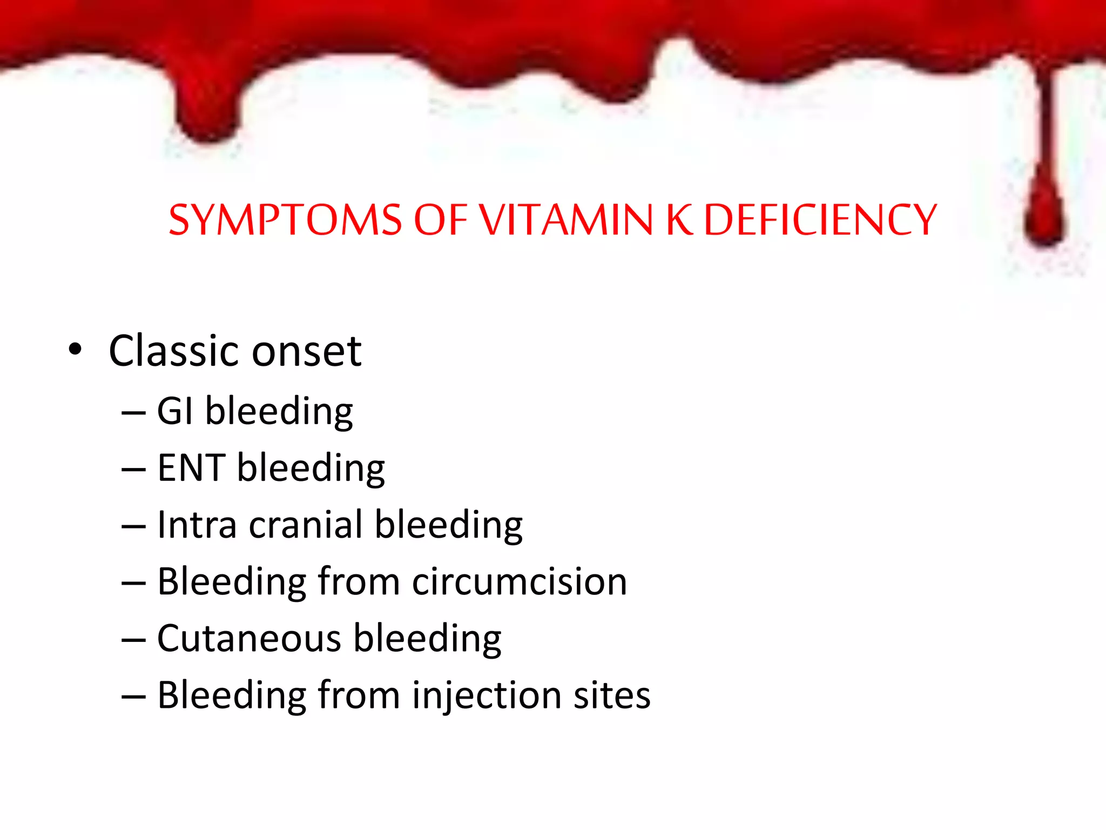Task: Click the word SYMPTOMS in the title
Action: tap(285, 220)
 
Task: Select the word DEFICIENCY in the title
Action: tap(820, 220)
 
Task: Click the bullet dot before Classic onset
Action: tap(75, 350)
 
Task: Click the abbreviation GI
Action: tap(174, 411)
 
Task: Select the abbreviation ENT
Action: tap(191, 468)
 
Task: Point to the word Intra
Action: tap(197, 525)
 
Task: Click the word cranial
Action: tap(306, 525)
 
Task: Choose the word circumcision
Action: tap(519, 582)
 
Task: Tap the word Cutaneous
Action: tap(249, 639)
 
